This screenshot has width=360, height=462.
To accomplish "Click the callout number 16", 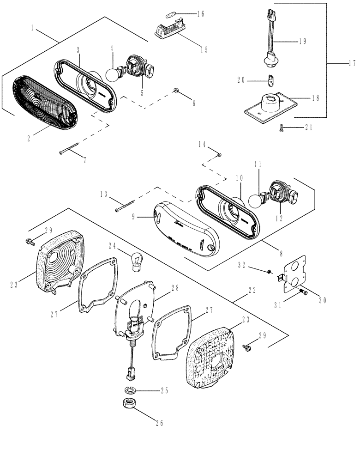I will coord(200,14).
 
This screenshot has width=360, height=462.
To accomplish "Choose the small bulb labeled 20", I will coord(270,82).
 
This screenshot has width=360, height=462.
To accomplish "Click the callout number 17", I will coord(351,63).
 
